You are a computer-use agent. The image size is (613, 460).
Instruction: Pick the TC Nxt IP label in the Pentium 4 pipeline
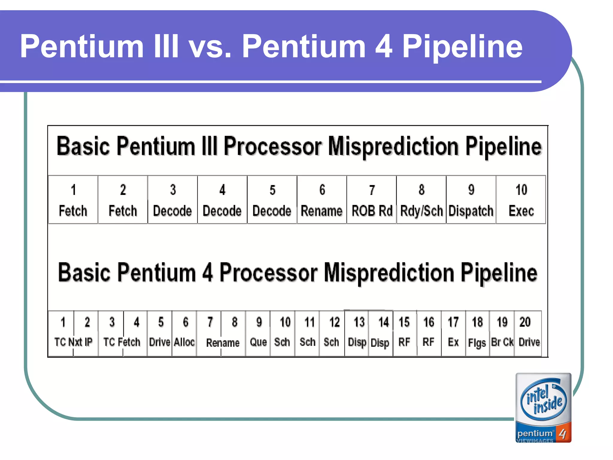(73, 342)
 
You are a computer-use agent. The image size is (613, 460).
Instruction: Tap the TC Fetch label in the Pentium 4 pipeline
(122, 342)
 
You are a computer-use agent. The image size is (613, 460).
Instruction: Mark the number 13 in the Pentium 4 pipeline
(359, 322)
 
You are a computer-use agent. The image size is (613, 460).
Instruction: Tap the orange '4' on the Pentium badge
(563, 434)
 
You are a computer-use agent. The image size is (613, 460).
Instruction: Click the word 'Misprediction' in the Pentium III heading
(393, 147)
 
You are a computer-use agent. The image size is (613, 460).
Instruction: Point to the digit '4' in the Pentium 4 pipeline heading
(207, 273)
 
